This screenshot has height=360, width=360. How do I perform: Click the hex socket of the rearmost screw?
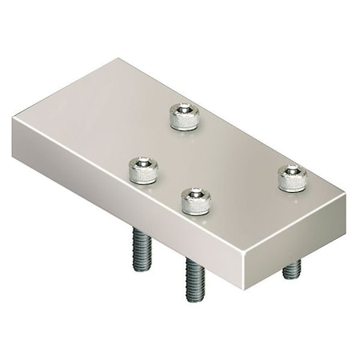(183, 110)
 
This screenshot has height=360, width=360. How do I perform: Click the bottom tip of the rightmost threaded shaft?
(290, 277)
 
